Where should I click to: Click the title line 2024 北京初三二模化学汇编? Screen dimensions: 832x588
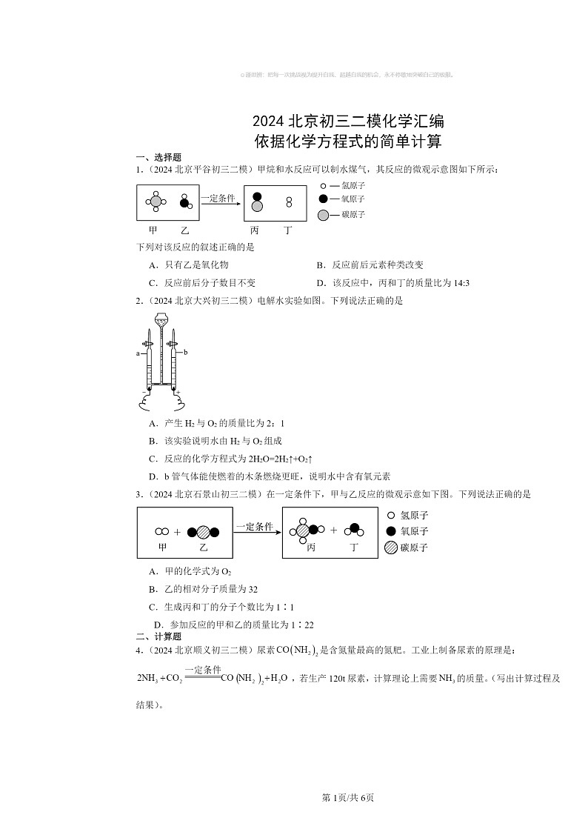[348, 121]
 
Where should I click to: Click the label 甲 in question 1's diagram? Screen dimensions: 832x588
[153, 230]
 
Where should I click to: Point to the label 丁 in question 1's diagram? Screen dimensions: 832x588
[288, 230]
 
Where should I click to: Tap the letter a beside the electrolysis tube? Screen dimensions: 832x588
[138, 354]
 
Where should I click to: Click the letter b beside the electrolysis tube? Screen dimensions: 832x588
[186, 353]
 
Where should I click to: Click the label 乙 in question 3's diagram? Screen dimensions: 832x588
[204, 548]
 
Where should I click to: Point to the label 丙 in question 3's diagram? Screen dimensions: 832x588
[311, 548]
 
